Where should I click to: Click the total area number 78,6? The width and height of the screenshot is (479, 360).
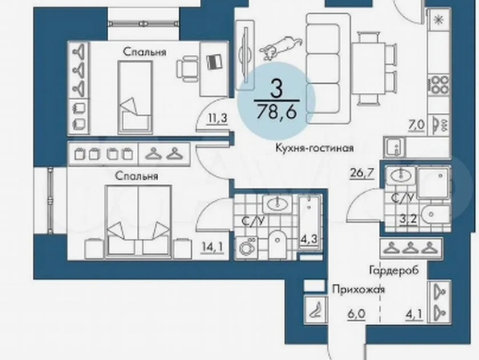277,111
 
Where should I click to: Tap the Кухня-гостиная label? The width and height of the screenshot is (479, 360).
314,149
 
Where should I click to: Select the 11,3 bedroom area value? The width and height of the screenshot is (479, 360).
217,118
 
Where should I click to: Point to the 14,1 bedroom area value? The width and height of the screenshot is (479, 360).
212,247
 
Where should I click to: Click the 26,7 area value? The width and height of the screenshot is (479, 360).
363,173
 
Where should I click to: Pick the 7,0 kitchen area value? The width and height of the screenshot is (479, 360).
416,125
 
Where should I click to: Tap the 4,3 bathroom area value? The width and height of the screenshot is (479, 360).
309,239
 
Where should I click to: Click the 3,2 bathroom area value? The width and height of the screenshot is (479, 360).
409,219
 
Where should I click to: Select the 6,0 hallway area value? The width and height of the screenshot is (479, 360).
356,315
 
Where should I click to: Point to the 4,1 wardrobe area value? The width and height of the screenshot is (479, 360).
414,315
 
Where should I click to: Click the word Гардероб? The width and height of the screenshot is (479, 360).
394,270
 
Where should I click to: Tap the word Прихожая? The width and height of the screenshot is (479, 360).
358,289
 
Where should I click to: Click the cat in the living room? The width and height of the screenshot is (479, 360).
281,47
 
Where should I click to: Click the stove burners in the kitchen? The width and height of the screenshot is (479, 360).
439,85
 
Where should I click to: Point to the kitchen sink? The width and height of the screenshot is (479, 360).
394,147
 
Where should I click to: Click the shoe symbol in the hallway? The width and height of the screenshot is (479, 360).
316,309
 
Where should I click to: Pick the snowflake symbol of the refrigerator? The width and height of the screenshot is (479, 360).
439,20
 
